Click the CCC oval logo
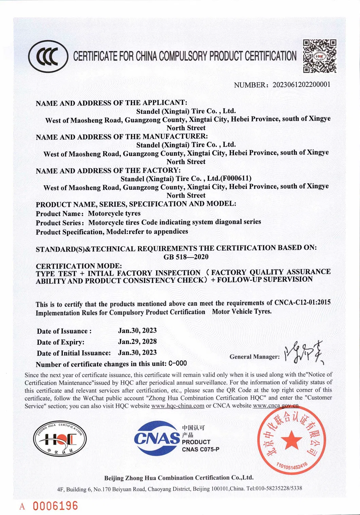point(48,56)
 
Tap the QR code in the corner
point(320,56)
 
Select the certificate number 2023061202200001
point(301,85)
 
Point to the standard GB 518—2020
point(186,257)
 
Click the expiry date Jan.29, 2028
point(137,341)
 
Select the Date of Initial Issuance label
point(74,353)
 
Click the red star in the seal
point(291,441)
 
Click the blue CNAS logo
point(157,438)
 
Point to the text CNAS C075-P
point(200,449)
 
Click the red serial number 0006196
point(55,505)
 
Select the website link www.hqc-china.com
point(178,406)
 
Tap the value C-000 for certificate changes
point(178,363)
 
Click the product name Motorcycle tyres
point(114,213)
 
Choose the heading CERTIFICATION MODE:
point(79,266)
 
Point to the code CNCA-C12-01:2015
point(302,303)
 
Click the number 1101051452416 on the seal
point(292,467)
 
